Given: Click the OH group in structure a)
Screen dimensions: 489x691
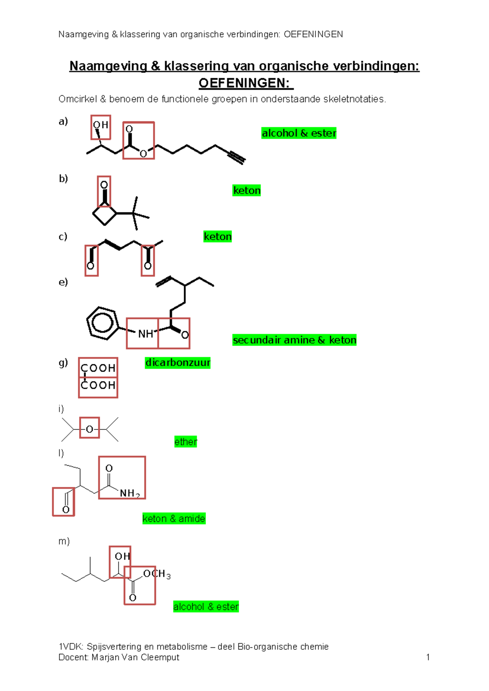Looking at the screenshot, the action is (x=101, y=125).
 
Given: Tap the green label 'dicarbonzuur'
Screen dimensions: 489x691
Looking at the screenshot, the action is (x=178, y=363).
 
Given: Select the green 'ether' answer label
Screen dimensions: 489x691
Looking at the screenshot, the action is (x=185, y=442).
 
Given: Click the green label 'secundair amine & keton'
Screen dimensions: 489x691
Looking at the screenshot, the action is (x=294, y=340).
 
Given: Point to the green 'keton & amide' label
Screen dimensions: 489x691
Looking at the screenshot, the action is (x=174, y=519).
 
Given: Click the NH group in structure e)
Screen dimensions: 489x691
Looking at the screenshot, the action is (x=145, y=334).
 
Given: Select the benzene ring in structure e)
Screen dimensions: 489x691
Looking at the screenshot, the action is (x=102, y=323).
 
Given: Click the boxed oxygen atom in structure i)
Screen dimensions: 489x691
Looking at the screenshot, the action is (x=90, y=429).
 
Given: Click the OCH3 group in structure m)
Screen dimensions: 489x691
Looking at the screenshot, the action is (x=157, y=574).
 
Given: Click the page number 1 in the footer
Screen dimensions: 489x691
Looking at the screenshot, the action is (x=428, y=657).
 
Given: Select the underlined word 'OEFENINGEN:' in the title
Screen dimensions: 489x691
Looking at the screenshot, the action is (x=246, y=83).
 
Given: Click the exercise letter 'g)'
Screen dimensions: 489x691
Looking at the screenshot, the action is (x=63, y=363).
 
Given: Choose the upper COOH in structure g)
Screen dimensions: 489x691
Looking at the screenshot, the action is (x=98, y=368).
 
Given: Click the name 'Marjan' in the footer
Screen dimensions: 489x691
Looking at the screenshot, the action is (x=106, y=657).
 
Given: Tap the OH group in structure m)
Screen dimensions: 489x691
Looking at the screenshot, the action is (x=123, y=556).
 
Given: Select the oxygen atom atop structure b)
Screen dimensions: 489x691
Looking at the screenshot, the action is (x=104, y=185).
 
